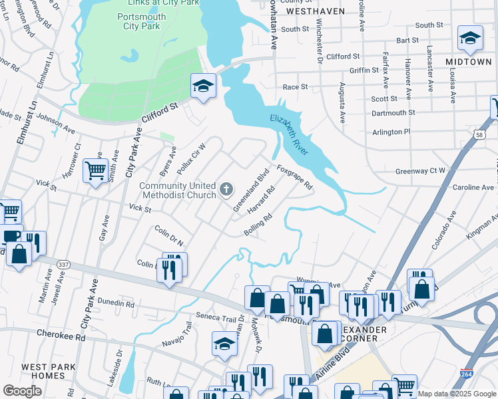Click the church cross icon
coord(226,191)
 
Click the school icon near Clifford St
coord(203,86)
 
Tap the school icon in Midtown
coord(470,39)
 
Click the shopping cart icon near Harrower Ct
coord(95,170)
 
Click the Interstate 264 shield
coord(467,375)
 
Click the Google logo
coord(22,391)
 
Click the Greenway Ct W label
coord(420,171)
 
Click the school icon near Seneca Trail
coord(224,344)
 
